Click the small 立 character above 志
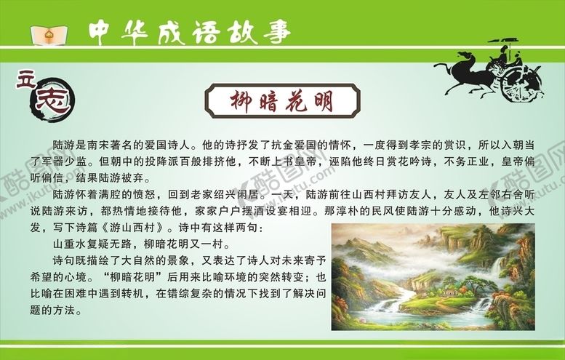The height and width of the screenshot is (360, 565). coord(23,79)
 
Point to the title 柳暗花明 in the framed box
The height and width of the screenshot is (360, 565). coord(282,101)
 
